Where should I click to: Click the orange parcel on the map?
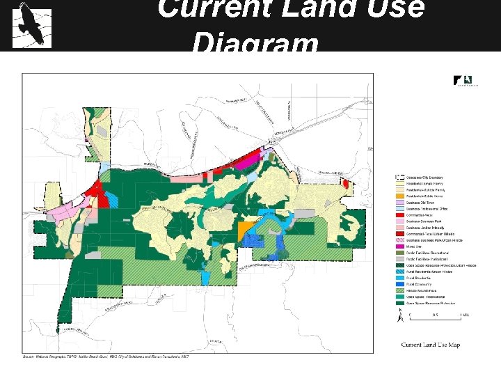244,229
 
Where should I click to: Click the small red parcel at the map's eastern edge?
346,182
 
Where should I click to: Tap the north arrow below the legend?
399,318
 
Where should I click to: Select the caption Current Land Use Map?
430,345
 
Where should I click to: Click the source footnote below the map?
104,357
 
